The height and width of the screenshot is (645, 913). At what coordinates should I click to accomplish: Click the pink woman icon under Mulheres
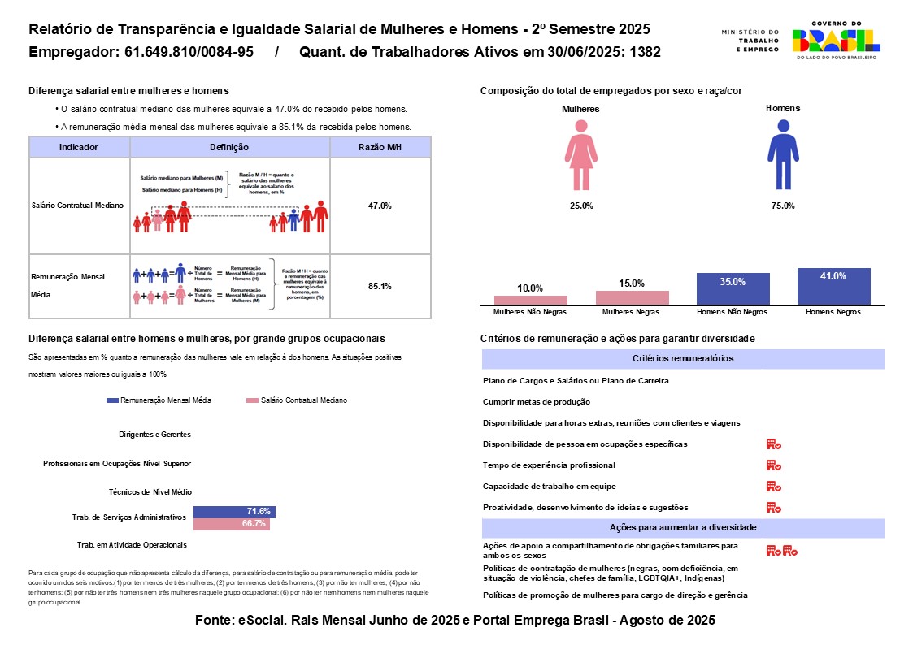[580, 154]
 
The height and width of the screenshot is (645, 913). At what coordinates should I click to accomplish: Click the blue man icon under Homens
[783, 154]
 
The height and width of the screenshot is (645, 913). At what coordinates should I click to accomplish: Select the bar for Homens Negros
[834, 287]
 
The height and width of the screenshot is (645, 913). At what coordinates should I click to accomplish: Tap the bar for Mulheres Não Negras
[531, 301]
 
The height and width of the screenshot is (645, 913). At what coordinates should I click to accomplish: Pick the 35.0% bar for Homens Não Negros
[733, 289]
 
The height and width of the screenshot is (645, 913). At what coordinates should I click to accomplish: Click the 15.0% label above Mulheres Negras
[632, 284]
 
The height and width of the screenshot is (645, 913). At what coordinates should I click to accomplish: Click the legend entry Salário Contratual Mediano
[301, 400]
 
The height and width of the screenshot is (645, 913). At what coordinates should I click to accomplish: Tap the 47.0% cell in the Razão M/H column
[380, 206]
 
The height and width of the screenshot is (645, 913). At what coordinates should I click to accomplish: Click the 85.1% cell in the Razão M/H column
[380, 286]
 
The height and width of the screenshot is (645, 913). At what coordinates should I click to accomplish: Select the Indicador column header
[79, 148]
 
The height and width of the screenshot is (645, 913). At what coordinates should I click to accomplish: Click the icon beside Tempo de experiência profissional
[773, 465]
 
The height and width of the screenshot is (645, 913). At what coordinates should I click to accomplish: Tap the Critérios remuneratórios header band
[683, 359]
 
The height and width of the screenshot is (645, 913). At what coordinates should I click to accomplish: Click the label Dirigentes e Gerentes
[154, 435]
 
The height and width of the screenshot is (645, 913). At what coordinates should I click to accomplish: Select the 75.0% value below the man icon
[782, 206]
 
